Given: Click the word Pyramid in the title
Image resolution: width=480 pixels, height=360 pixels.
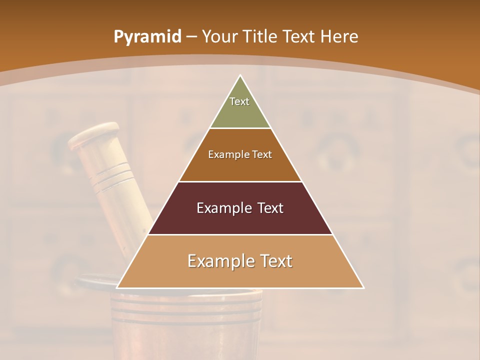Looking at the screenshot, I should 147,36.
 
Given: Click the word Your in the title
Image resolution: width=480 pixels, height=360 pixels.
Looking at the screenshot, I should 220,36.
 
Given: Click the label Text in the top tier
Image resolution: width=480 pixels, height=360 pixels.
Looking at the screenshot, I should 239,101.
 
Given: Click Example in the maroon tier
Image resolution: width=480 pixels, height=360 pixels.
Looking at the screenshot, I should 223,208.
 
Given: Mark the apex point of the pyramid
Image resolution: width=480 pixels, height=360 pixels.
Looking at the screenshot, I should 240,75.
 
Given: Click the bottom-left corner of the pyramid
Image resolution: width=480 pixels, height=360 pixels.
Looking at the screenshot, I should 117,288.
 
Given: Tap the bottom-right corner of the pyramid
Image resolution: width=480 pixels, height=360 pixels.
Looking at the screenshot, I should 363,288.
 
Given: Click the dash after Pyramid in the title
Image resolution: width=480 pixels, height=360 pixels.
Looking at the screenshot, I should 191,36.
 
